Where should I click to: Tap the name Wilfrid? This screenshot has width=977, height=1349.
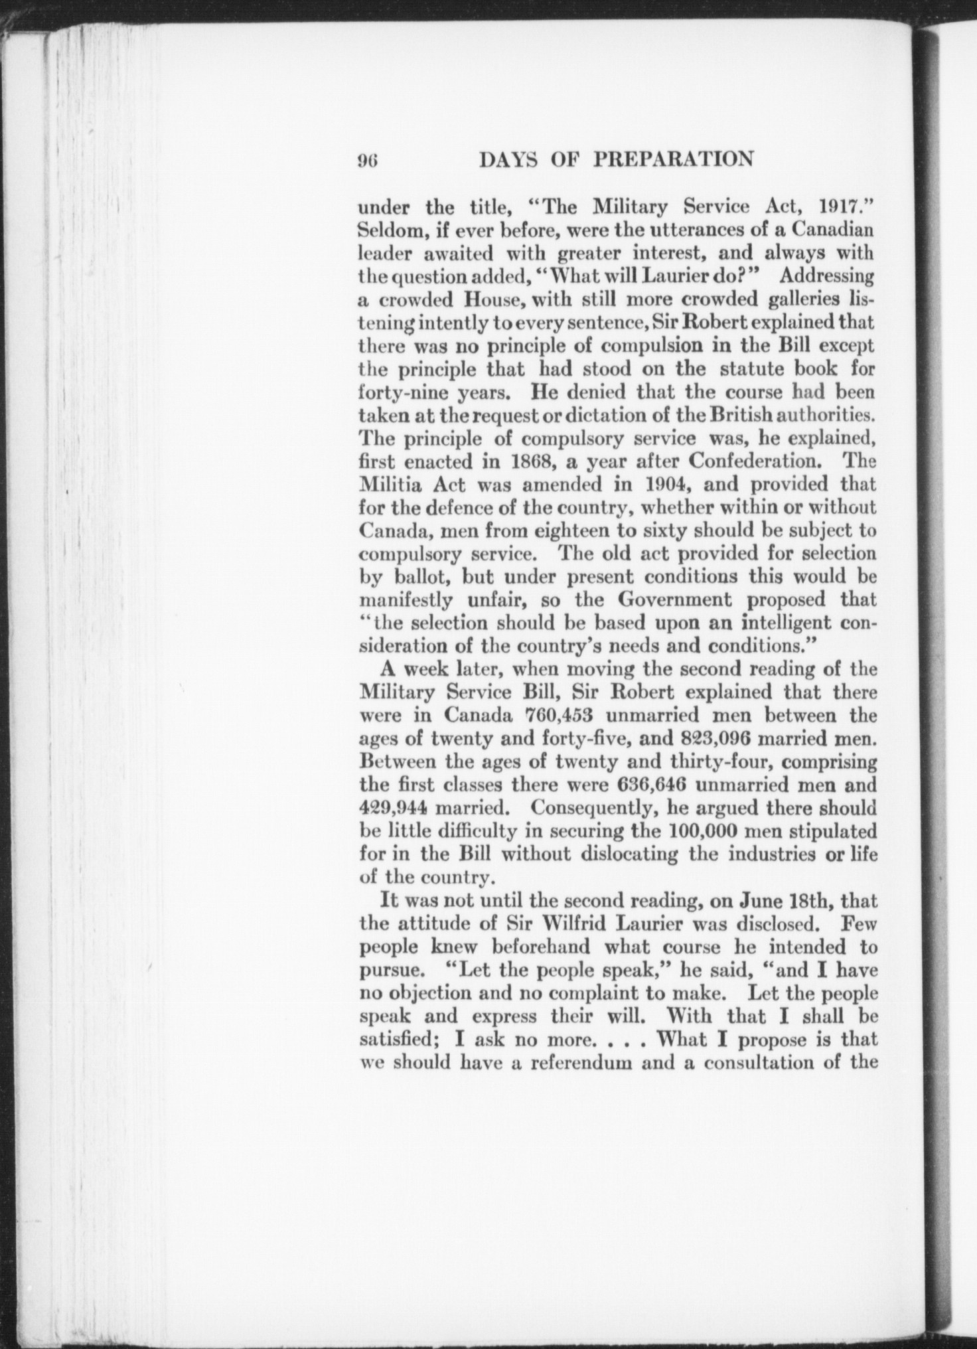[x=561, y=924]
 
